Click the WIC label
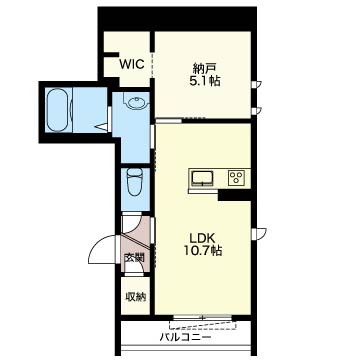tap(132, 64)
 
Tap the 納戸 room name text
tap(204, 69)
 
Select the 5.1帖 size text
tap(205, 81)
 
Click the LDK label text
tap(203, 238)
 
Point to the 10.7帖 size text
tap(204, 250)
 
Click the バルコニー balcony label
tap(186, 338)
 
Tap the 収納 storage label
tap(135, 296)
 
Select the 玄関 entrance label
tap(134, 258)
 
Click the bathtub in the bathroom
tap(59, 110)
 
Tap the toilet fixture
tap(135, 182)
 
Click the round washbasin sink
tap(136, 102)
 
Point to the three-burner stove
tap(236, 178)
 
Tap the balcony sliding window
tap(202, 317)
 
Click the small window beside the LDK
tap(259, 233)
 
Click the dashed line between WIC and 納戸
tap(152, 65)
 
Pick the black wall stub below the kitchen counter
tap(234, 195)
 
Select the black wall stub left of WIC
tap(111, 55)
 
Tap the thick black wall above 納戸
tap(177, 19)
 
